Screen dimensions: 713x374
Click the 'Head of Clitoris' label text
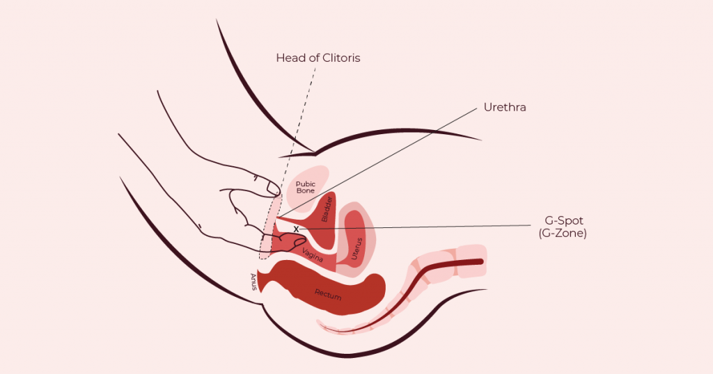pos(318,58)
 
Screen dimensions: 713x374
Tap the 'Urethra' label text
pos(505,108)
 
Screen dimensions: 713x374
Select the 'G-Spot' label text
pos(564,221)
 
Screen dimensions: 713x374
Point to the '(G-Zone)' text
pos(563,234)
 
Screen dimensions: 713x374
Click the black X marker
pos(296,229)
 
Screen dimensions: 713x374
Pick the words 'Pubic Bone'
pos(306,187)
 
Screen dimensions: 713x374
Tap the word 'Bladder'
pos(327,209)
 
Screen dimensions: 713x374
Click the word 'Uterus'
pos(358,248)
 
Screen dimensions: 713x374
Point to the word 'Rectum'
pos(328,295)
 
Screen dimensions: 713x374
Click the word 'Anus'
pos(253,282)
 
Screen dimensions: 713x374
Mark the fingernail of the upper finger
pos(273,188)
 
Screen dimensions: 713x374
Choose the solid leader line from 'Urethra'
pos(377,163)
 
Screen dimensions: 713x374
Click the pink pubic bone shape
pos(308,188)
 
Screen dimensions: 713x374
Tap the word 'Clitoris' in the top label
pos(341,58)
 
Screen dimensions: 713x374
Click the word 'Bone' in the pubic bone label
pos(306,190)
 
